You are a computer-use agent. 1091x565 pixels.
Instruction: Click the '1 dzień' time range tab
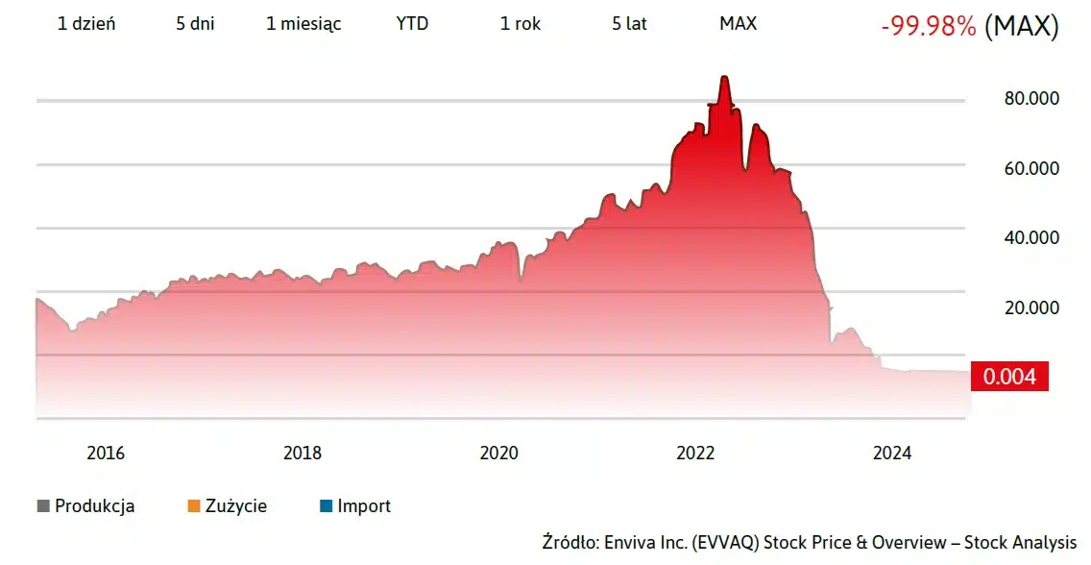(x=86, y=24)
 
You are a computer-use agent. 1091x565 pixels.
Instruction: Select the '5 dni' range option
(x=195, y=24)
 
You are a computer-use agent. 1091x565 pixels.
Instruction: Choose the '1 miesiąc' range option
(x=303, y=24)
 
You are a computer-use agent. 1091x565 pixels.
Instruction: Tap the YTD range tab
(x=412, y=24)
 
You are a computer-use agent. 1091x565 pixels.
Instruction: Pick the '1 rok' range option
(x=521, y=24)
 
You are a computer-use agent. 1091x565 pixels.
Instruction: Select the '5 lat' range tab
(x=629, y=24)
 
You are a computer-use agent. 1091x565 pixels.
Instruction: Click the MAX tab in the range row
(x=738, y=24)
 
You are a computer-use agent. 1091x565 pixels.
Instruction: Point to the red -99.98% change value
(x=928, y=27)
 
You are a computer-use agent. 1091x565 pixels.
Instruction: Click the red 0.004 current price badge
(x=1008, y=377)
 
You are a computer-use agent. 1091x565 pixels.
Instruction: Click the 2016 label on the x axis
(x=106, y=454)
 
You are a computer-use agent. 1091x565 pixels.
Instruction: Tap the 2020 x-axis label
(x=498, y=454)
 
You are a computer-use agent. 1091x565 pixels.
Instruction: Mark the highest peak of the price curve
(x=725, y=78)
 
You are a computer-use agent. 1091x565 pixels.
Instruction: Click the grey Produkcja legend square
(x=43, y=506)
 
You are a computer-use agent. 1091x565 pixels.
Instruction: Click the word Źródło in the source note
(x=570, y=543)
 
